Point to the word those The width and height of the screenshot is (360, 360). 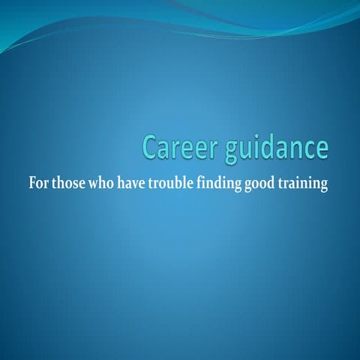[70, 184]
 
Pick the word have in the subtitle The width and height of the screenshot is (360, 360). [135, 184]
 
